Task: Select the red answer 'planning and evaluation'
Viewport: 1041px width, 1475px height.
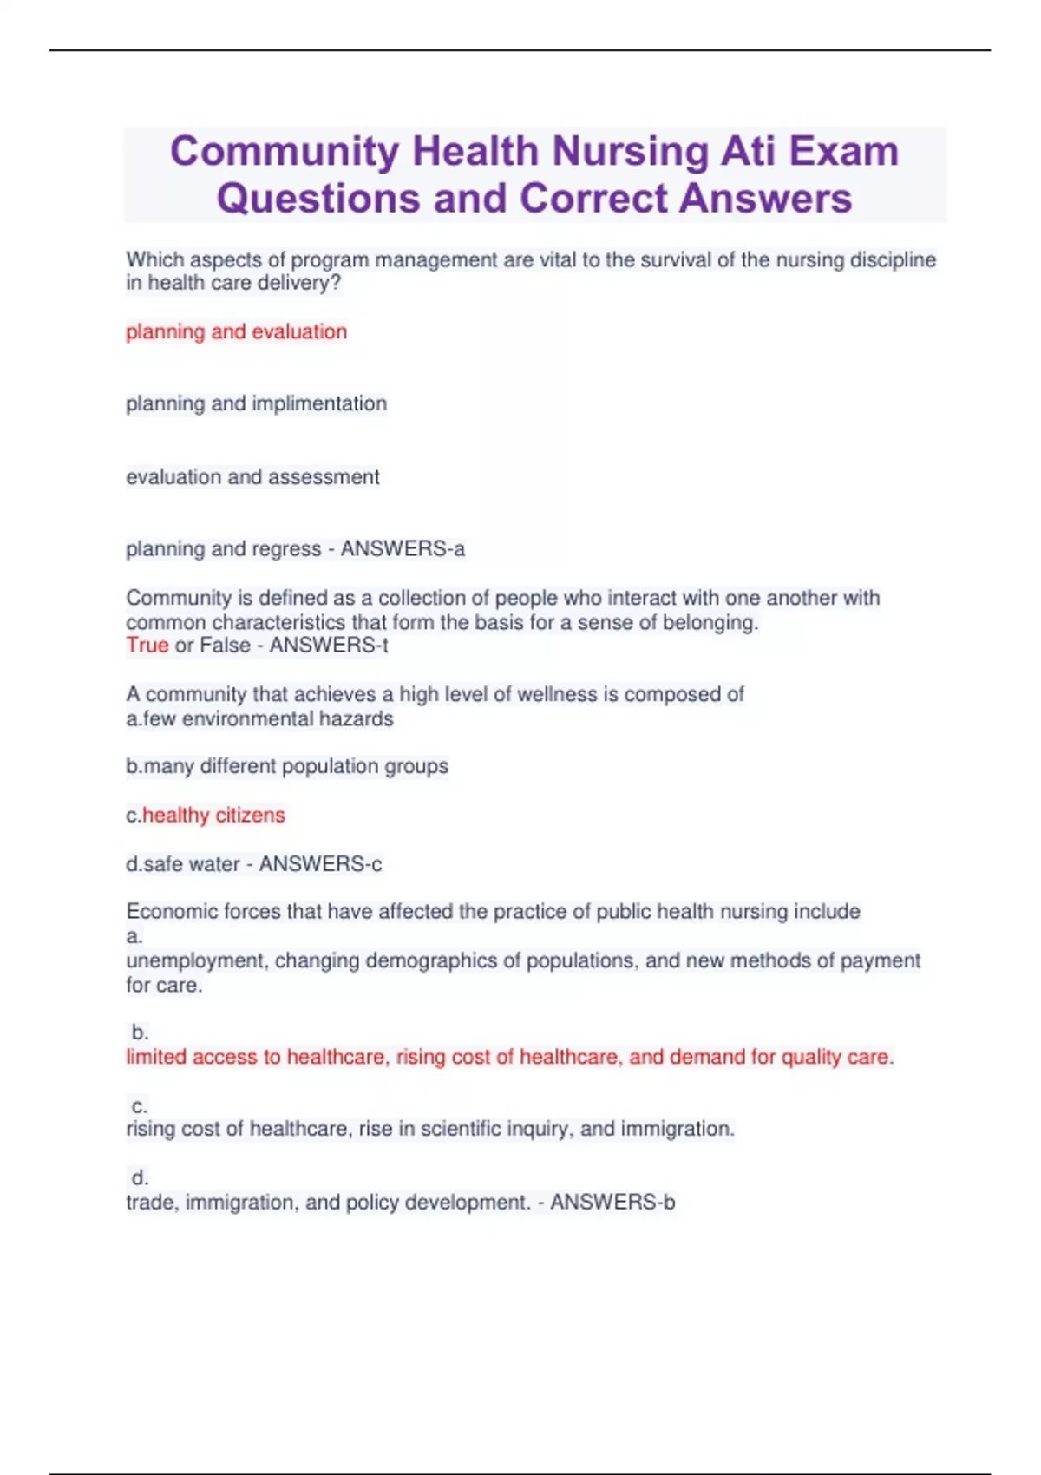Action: pos(236,331)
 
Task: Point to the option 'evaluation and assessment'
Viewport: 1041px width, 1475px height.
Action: pos(252,477)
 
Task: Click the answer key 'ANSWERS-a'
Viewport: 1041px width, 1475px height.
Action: pos(403,549)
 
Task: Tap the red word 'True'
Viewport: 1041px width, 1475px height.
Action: pos(147,646)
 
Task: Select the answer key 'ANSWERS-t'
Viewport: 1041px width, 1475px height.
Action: pos(329,646)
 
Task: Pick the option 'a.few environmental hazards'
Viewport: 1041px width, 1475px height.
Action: pos(259,719)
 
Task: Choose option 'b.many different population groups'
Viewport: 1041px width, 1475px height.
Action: pos(287,767)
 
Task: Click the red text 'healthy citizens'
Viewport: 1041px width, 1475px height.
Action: pos(213,816)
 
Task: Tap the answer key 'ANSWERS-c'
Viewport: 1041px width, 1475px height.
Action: pos(320,864)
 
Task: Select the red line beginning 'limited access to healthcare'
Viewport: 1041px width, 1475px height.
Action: pos(509,1058)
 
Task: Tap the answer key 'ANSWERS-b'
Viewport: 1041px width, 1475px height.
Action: pos(612,1203)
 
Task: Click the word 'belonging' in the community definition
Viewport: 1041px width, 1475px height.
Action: pos(710,623)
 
